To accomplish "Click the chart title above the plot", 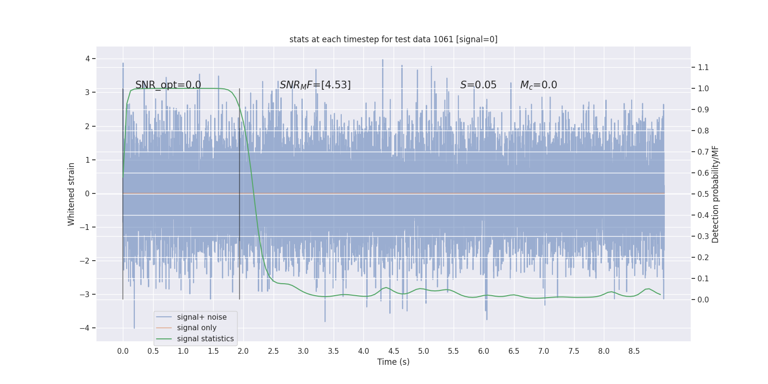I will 393,39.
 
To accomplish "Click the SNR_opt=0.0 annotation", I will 168,85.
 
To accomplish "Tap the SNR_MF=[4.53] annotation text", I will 315,85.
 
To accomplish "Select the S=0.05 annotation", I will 478,85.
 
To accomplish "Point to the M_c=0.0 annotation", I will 539,85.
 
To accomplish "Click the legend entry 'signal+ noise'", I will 202,317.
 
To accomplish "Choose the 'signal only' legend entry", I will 196,328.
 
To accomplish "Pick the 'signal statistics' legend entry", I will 205,339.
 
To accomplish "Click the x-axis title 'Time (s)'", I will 393,362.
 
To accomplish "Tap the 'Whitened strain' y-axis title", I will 72,194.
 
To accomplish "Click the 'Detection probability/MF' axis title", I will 715,194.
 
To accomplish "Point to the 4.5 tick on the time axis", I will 394,351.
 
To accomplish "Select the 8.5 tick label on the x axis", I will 634,351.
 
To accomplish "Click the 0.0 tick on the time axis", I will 123,351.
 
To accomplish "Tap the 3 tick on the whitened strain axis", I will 87,92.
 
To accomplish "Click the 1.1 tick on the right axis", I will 703,67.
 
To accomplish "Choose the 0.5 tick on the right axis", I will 703,194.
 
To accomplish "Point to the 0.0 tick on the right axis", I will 703,300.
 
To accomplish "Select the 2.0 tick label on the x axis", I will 243,351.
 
